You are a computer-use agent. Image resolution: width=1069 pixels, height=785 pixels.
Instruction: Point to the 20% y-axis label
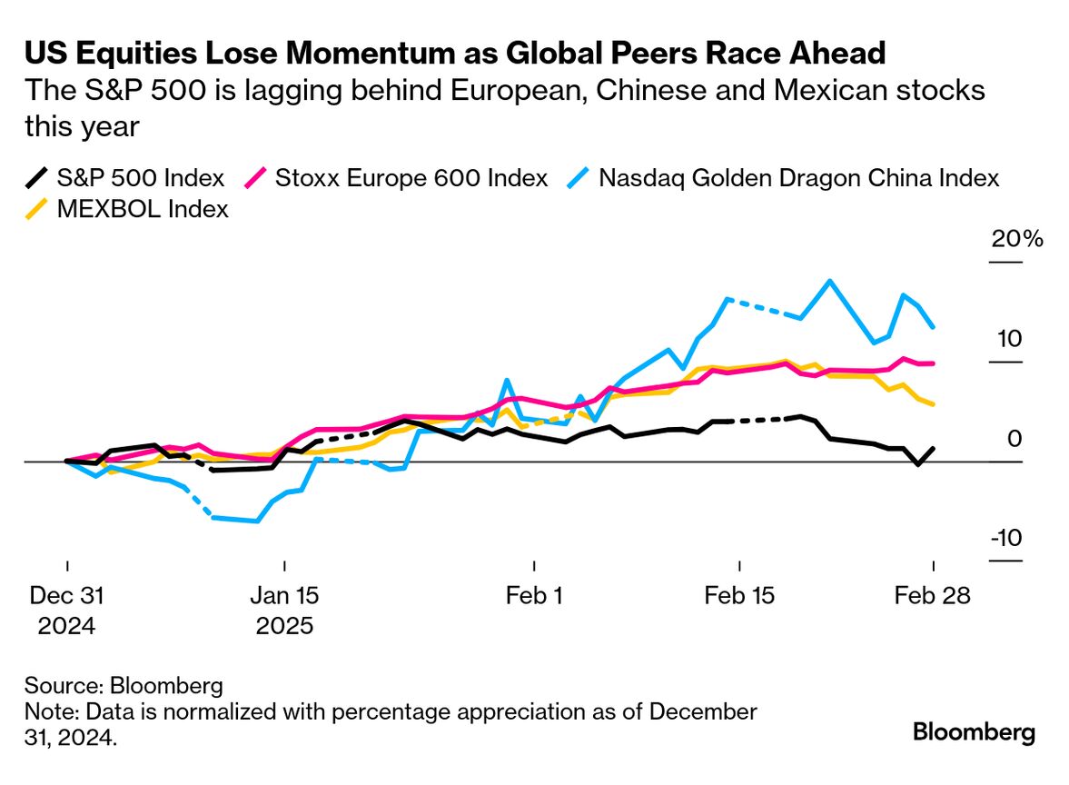click(1018, 240)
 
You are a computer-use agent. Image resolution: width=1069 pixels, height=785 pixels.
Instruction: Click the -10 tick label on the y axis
click(1006, 538)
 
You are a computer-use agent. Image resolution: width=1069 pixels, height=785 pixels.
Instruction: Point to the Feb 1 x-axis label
click(534, 596)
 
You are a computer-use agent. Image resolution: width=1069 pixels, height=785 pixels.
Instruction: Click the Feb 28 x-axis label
click(933, 596)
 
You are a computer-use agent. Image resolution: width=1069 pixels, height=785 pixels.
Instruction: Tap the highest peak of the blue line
click(829, 281)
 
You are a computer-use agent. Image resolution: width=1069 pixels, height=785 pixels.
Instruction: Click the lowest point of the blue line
click(258, 522)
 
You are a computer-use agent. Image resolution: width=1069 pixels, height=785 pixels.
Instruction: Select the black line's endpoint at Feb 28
click(934, 448)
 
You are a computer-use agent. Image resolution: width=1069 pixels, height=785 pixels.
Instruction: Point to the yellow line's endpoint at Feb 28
click(934, 404)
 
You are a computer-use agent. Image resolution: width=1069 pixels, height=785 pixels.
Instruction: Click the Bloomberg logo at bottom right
click(974, 731)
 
